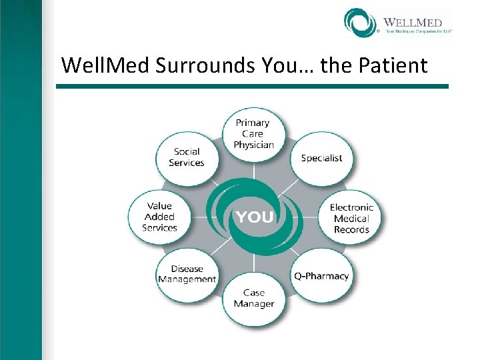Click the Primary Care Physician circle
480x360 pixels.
coord(253,134)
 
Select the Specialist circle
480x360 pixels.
coord(321,158)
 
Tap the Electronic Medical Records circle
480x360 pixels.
coord(351,218)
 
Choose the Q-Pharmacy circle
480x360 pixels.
coord(321,276)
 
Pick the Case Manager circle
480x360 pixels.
coord(253,298)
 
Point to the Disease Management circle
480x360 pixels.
coord(187,274)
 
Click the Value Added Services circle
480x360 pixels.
coord(159,217)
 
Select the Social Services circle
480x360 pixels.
coord(186,157)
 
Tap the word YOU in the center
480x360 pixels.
coord(254,217)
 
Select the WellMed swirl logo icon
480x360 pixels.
coord(361,22)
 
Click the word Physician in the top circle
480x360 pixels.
coord(253,145)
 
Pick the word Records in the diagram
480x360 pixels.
coord(351,229)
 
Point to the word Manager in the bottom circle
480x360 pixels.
coord(253,304)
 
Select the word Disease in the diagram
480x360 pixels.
coord(187,269)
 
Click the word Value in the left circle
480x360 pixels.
coord(159,206)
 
